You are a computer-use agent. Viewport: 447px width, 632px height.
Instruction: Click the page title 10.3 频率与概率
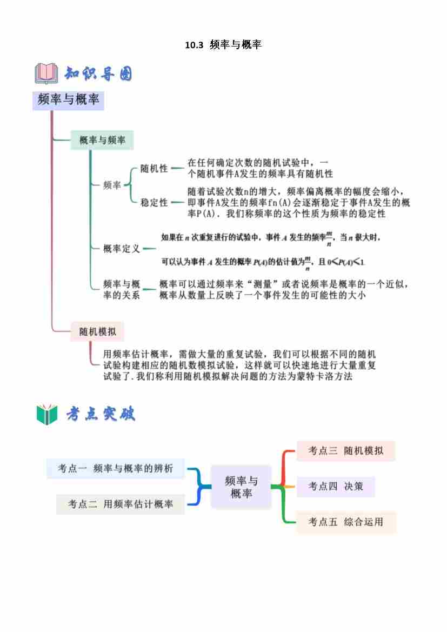pos(223,45)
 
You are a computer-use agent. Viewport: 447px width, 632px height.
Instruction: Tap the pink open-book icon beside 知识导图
pos(46,73)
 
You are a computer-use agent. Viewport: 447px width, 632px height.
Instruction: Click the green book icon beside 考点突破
pos(46,414)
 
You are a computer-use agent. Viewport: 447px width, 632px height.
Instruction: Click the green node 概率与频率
pos(102,140)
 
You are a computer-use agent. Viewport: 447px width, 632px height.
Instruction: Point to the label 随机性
pos(154,169)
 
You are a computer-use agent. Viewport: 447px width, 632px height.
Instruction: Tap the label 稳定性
pos(154,202)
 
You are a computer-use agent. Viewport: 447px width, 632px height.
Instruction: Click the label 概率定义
pos(122,249)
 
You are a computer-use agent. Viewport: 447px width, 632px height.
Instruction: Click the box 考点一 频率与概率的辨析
pos(116,469)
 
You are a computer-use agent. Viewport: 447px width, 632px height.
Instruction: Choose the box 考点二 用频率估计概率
pos(121,504)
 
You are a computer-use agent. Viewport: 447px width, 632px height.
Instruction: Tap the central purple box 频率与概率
pos(241,487)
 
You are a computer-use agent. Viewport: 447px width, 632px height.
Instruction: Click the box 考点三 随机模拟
pos(346,451)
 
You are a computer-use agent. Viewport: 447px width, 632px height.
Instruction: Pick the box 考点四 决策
pos(336,486)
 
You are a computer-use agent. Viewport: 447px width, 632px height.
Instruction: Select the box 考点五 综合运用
pos(346,522)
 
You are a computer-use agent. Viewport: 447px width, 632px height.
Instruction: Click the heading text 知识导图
pos(98,74)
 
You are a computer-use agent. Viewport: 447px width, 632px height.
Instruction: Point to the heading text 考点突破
pos(101,414)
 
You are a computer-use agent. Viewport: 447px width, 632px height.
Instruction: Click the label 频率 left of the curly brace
pos(112,185)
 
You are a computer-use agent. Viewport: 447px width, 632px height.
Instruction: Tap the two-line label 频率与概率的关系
pos(122,290)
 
